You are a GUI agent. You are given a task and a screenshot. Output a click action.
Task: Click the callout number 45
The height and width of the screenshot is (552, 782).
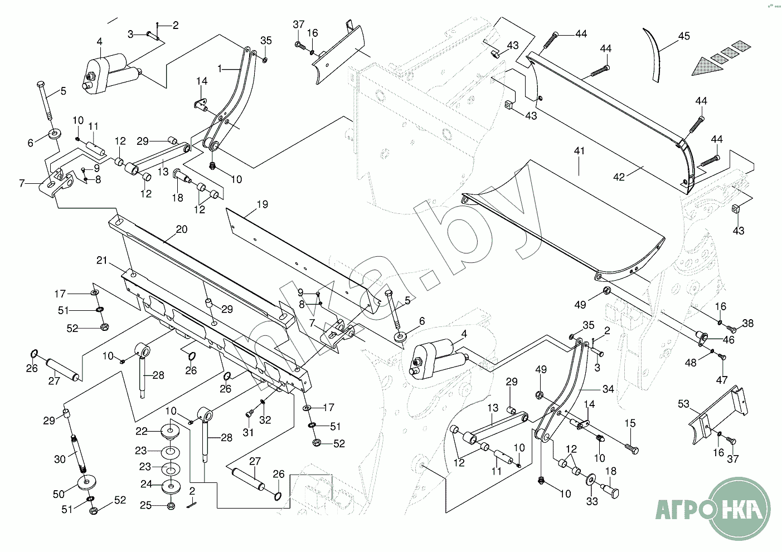[x=684, y=36]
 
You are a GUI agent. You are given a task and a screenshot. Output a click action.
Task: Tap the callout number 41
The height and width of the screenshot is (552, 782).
[x=580, y=151]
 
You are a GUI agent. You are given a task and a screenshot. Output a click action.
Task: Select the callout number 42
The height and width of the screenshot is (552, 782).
[x=619, y=177]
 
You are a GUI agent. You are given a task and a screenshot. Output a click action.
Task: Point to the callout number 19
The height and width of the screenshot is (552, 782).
[x=262, y=204]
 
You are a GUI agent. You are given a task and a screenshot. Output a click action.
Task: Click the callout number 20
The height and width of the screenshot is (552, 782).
[x=182, y=229]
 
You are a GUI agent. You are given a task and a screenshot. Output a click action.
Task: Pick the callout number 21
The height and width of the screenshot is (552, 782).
[x=101, y=260]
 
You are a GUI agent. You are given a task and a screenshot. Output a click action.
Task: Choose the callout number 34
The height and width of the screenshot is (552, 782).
[x=608, y=389]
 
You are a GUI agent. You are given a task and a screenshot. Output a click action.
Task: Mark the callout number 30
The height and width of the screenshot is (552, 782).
[x=60, y=459]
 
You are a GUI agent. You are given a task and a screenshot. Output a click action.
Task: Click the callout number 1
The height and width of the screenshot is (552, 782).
[x=220, y=69]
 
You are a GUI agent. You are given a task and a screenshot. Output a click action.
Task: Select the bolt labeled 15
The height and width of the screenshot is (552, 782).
[x=633, y=447]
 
